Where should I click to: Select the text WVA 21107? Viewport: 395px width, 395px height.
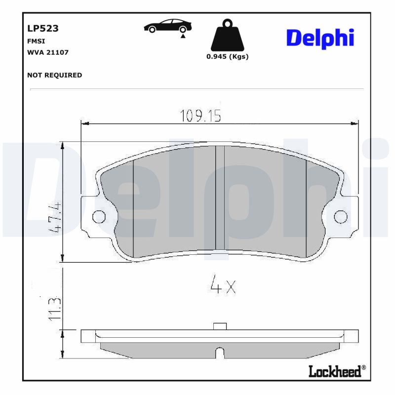[47, 52]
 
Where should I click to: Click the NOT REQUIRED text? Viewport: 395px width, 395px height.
[54, 75]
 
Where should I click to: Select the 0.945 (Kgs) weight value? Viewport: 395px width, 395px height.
[227, 56]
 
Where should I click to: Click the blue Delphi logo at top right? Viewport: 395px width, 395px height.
[320, 38]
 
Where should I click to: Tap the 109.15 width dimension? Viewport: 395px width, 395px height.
[200, 116]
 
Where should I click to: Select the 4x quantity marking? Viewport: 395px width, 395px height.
[223, 285]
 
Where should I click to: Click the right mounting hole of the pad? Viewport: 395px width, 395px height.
[341, 216]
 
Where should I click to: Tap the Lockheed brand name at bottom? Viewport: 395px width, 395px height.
[335, 371]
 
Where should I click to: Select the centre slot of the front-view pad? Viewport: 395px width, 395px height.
[220, 197]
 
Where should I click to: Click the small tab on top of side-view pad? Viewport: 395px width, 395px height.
[219, 326]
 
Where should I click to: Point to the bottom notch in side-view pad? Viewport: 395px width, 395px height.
[219, 353]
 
